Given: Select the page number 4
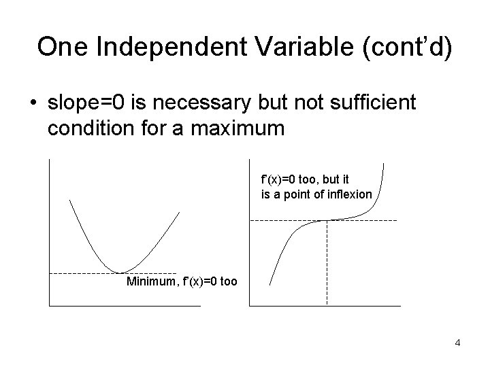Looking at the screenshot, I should coord(458,343).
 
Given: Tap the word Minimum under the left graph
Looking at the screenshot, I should coord(150,281).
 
